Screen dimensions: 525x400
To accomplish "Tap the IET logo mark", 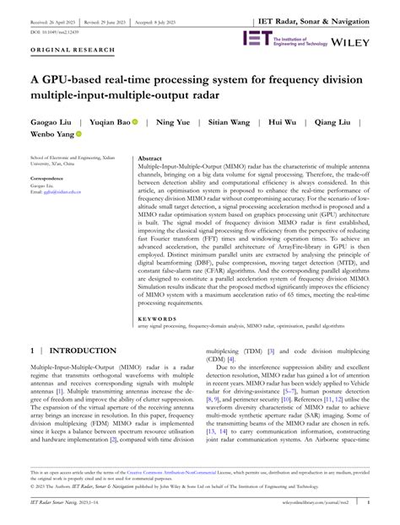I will pos(256,39).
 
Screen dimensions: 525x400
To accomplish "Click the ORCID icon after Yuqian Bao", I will pos(135,122).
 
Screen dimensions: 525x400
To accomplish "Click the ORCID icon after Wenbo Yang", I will pos(79,134).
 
